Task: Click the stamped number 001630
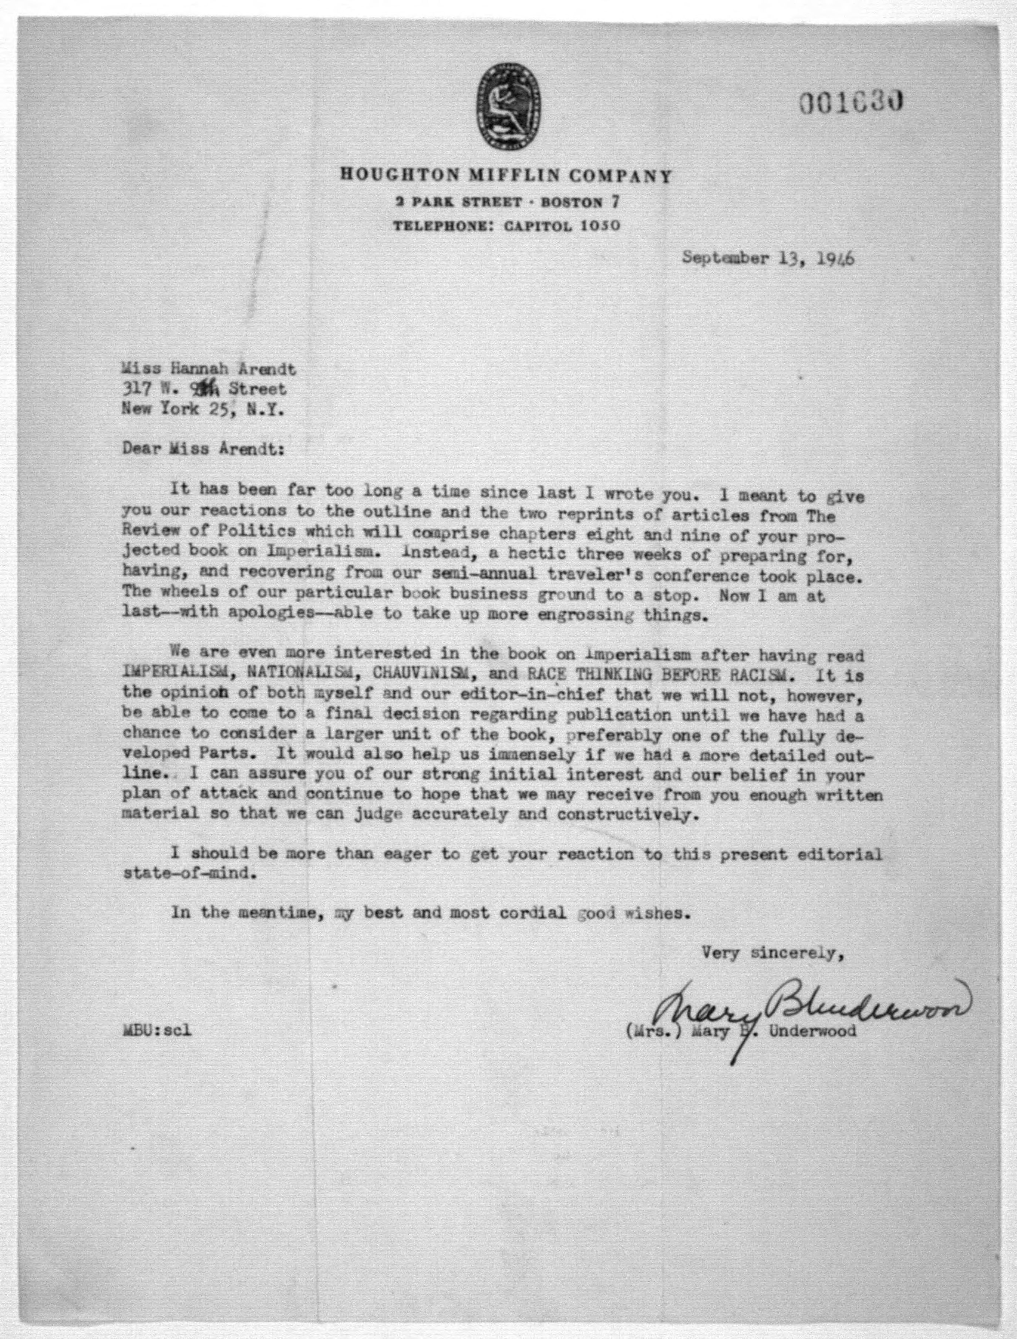pos(852,104)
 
